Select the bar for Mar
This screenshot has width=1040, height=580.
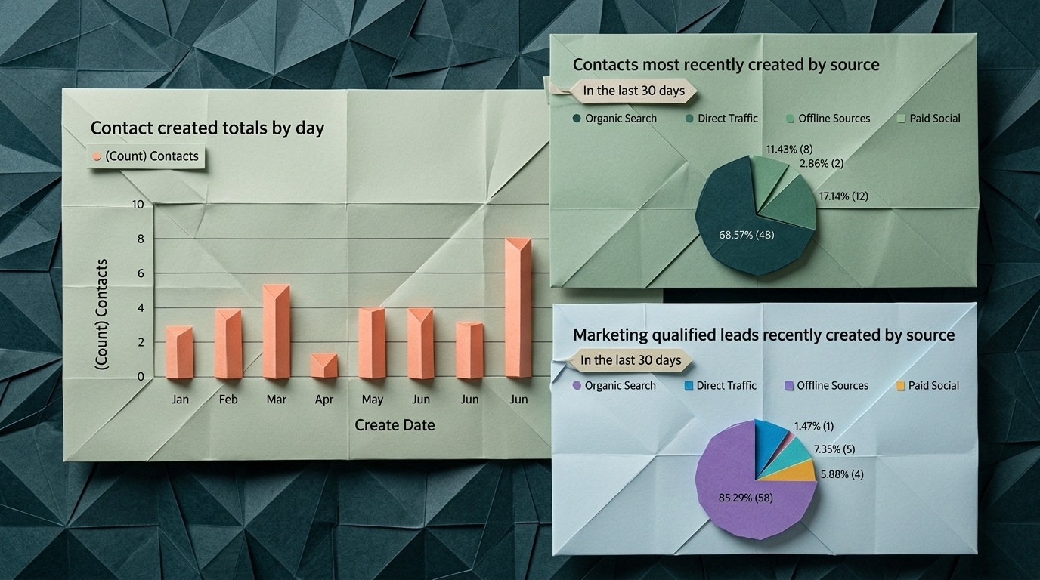277,332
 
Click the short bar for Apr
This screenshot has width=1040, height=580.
324,366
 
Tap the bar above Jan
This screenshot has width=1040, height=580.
180,352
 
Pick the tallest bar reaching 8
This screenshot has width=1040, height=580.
518,308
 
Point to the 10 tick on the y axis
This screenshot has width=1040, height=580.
137,205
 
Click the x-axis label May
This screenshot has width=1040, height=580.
372,400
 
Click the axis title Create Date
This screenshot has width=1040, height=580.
395,425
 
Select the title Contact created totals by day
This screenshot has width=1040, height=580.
207,128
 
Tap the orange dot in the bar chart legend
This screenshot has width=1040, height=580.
96,156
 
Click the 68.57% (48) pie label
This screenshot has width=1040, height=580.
746,235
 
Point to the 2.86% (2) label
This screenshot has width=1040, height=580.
821,163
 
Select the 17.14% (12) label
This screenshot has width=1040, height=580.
843,196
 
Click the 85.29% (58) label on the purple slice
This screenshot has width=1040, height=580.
745,498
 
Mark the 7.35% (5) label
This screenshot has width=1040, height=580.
834,449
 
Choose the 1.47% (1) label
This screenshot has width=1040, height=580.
814,427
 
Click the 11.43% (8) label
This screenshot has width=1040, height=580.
789,150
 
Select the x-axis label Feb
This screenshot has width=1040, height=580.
228,400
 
